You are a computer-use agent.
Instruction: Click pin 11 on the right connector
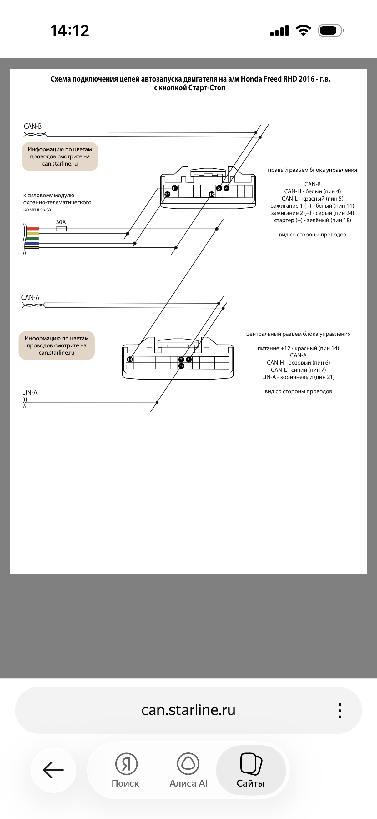coord(175,188)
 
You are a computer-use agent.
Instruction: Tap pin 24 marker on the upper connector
coord(167,194)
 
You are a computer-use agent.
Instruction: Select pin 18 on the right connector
coord(212,194)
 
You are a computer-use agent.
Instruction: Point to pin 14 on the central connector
coord(130,359)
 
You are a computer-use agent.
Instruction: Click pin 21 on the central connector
coord(181,366)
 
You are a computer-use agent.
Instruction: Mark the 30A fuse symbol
coord(61,229)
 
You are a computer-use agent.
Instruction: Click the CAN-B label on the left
coord(33,126)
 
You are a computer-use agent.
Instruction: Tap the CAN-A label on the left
coord(30,297)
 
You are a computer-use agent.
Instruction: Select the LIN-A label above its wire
coord(30,392)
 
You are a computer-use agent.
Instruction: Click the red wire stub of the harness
coord(33,229)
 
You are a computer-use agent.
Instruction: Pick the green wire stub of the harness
coord(33,238)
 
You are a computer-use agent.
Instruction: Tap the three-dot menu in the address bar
coord(340,711)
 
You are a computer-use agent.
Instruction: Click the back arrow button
coord(53,770)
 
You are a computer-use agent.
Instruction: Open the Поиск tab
coord(126,770)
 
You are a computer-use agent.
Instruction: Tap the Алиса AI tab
coord(188,770)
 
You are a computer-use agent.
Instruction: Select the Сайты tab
coord(251,770)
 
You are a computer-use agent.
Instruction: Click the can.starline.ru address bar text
coord(188,710)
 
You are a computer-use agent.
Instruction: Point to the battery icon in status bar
coord(330,31)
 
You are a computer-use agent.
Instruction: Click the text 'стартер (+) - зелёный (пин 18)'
coord(312,220)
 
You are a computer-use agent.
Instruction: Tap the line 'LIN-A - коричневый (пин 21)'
coord(298,377)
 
